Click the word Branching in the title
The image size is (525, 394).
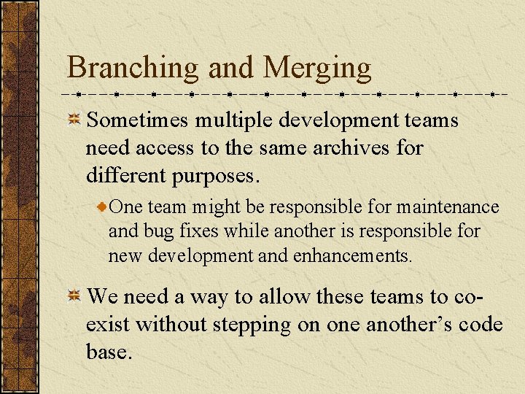point(132,69)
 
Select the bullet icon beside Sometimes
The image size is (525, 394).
point(74,120)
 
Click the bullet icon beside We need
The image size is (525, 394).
point(74,296)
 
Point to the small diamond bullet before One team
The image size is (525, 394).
point(103,208)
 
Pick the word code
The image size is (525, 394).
point(481,324)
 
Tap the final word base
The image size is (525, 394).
point(109,352)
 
